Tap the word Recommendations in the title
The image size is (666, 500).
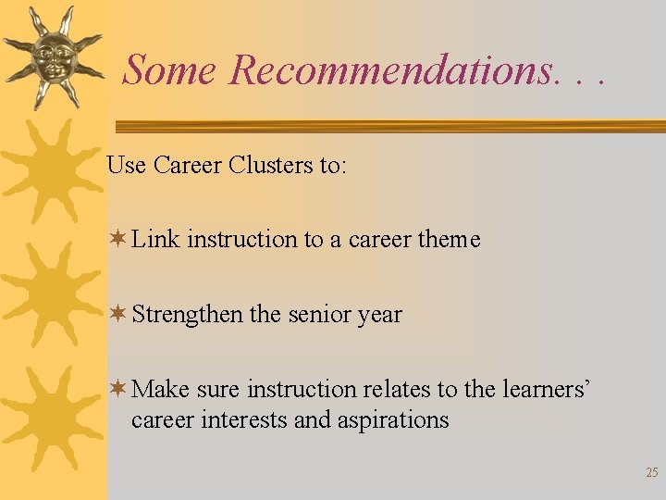[388, 69]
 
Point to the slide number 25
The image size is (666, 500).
[651, 473]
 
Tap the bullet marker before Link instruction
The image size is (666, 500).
[117, 239]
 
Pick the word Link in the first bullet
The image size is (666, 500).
[155, 239]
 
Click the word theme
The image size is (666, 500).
[449, 239]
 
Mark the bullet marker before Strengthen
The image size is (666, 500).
[117, 314]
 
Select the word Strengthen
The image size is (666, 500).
[187, 314]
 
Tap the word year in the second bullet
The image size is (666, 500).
[379, 316]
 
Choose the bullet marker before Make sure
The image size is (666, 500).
[117, 389]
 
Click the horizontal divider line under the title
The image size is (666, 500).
[388, 126]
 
